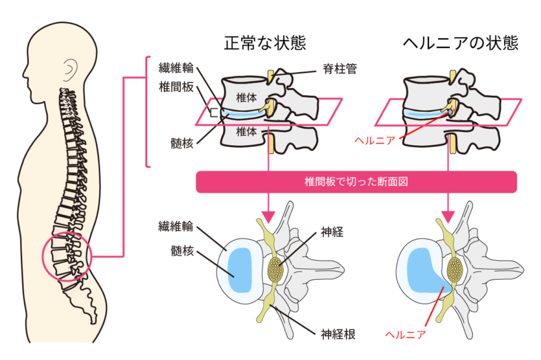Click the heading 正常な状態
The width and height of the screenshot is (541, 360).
click(x=265, y=43)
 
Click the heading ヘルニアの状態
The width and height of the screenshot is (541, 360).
click(x=460, y=43)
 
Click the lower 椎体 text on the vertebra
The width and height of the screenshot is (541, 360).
click(x=246, y=131)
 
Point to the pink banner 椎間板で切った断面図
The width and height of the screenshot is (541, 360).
click(x=355, y=182)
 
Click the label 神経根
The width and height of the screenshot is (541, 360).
click(x=338, y=333)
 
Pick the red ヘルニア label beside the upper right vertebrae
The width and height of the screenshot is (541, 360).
click(x=376, y=140)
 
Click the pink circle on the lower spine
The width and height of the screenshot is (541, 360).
click(x=67, y=257)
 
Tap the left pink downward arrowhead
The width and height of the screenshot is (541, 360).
click(x=269, y=216)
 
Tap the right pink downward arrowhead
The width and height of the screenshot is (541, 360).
click(x=449, y=216)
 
